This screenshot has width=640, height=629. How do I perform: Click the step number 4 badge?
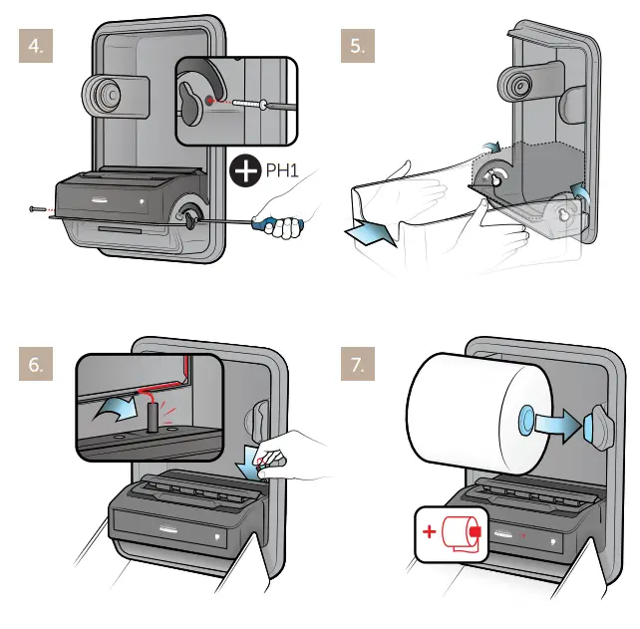point(38,47)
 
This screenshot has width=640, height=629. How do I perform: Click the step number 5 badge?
point(359,47)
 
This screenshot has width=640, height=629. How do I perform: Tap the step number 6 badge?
point(38,366)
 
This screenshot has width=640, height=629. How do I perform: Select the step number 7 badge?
point(359,366)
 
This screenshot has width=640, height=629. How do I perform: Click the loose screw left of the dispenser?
point(37,208)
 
